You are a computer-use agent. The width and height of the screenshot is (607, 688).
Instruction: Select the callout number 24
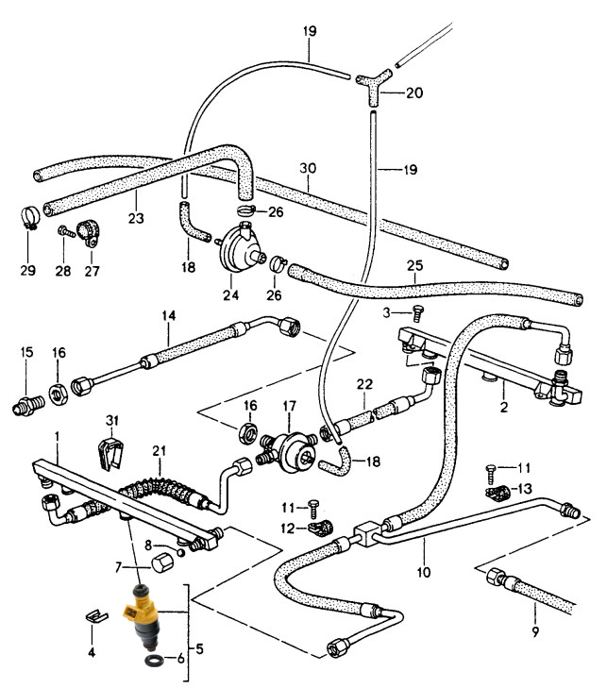pyautogui.click(x=229, y=294)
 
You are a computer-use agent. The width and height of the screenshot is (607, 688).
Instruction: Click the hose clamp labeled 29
pyautogui.click(x=26, y=221)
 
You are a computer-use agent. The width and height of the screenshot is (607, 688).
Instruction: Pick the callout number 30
pyautogui.click(x=306, y=168)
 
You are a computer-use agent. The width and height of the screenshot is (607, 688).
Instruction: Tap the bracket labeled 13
pyautogui.click(x=497, y=492)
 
